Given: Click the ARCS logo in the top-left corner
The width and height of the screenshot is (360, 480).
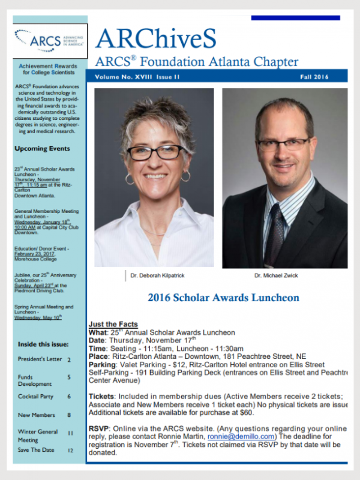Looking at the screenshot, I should [50, 41].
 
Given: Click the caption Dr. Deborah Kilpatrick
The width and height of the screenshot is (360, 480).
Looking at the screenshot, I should [158, 275].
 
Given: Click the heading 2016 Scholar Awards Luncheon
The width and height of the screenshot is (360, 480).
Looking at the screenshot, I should [223, 298].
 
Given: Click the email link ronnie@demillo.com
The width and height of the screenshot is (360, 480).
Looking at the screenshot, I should [241, 436].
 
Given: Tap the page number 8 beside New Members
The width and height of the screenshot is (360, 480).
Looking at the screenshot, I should [69, 415].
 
